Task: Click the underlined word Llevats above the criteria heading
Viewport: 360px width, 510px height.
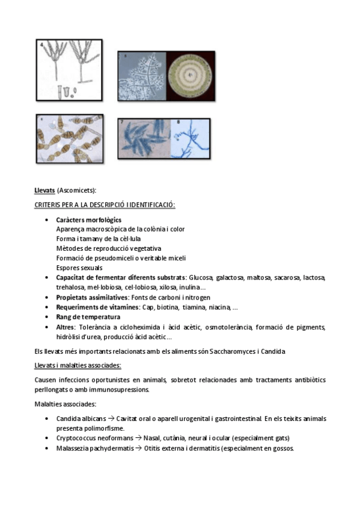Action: (x=45, y=191)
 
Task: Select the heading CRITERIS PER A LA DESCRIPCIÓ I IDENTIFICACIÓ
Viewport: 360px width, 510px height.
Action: (x=105, y=205)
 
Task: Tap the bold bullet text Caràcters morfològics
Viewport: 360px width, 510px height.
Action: (x=88, y=220)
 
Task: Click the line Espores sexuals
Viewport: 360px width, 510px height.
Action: (x=79, y=268)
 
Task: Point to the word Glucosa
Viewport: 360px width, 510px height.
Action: (x=201, y=277)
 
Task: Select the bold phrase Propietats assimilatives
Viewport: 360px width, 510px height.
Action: (x=92, y=297)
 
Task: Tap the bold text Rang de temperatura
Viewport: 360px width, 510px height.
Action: (x=88, y=317)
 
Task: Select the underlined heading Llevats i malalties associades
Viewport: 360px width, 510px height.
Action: (x=78, y=365)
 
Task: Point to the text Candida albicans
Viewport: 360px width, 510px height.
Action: (x=81, y=419)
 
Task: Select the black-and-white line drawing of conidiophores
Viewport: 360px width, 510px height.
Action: (x=69, y=69)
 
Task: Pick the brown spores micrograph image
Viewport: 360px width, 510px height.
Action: (x=69, y=138)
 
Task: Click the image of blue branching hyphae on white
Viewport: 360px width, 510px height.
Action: (x=192, y=138)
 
